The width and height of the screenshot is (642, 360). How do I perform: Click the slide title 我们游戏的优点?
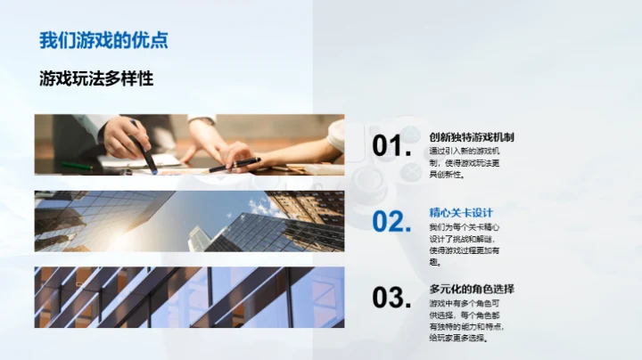[103, 40]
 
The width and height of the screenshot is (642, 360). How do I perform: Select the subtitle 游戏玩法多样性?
[96, 78]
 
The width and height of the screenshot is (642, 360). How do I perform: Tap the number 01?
[391, 147]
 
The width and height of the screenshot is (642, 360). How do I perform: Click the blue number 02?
[391, 222]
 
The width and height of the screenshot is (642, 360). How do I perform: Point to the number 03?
[391, 299]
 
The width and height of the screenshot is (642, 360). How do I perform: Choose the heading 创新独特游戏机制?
[471, 137]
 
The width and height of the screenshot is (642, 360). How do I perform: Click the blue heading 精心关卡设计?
[461, 213]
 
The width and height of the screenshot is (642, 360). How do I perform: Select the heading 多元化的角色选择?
[471, 290]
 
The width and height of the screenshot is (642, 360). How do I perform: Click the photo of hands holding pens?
[189, 144]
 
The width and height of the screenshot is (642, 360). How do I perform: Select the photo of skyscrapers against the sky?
[189, 221]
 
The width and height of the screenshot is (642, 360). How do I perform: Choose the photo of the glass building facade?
[189, 298]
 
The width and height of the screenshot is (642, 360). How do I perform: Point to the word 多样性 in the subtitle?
[131, 78]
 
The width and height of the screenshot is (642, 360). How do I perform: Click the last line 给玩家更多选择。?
[459, 339]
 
